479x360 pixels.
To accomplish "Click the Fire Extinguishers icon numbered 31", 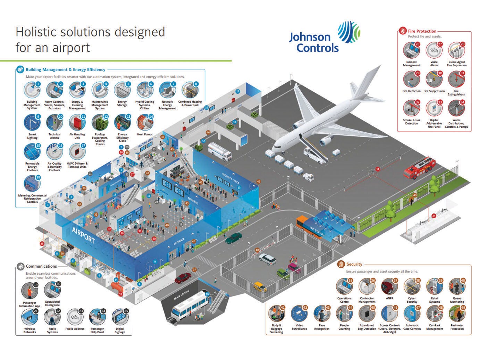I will pyautogui.click(x=456, y=80).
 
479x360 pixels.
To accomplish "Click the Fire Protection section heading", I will pyautogui.click(x=422, y=31).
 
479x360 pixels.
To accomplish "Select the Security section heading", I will pyautogui.click(x=354, y=264).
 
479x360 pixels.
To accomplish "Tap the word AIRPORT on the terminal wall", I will pyautogui.click(x=83, y=235).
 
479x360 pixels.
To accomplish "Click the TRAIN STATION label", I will pyautogui.click(x=182, y=295).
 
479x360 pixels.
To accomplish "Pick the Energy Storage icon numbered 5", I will pyautogui.click(x=122, y=90).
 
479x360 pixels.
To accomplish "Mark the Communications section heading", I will pyautogui.click(x=41, y=266).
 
